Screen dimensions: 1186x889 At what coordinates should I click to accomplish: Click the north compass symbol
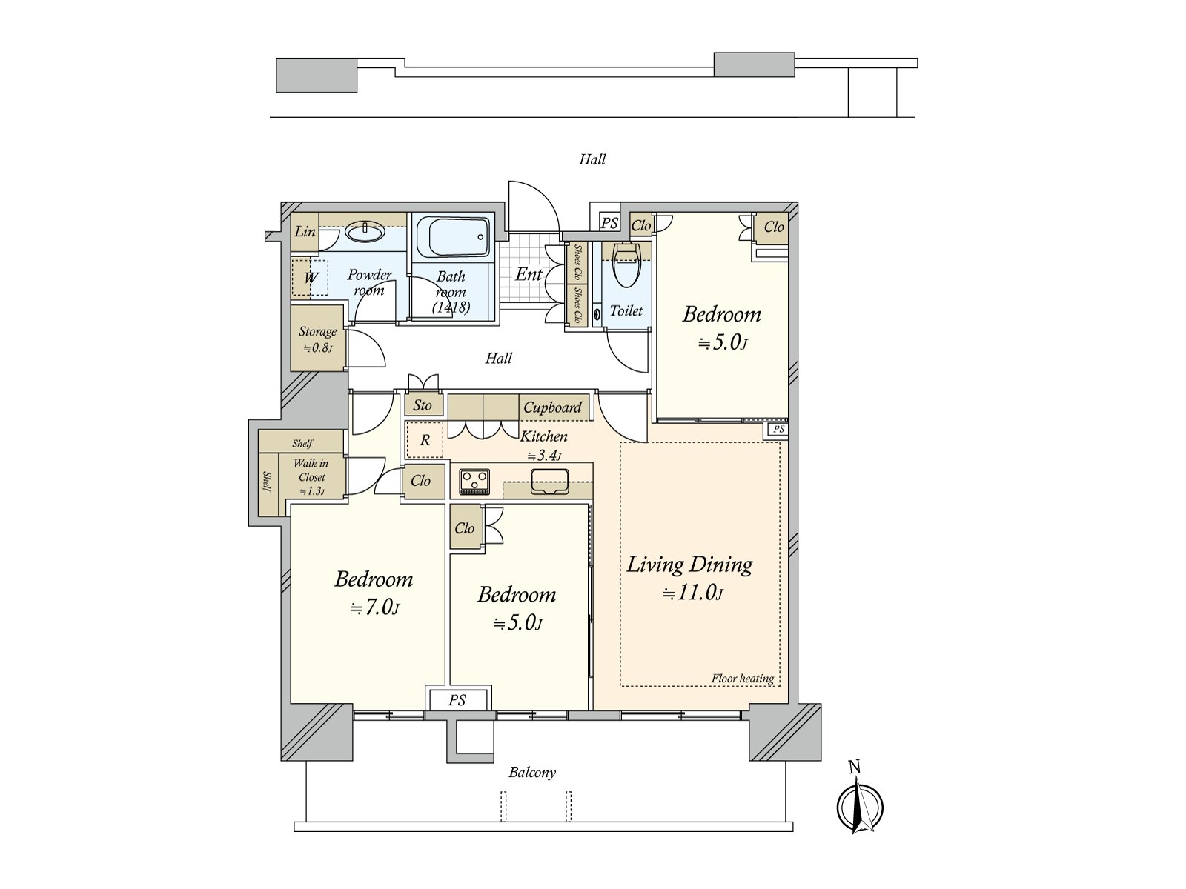pos(859,806)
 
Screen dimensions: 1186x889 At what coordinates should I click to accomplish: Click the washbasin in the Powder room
pos(365,232)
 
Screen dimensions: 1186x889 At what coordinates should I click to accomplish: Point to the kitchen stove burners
pos(474,482)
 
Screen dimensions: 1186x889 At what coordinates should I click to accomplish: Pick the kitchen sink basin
pos(550,481)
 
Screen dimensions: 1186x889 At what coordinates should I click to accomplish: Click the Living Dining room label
pos(689,565)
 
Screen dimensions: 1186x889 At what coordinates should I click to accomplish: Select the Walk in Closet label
pos(311,470)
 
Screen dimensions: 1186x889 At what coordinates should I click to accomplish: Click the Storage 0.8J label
pos(317,339)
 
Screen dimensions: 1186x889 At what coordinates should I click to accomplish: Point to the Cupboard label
pos(552,407)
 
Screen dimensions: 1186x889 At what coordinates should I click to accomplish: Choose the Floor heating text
pos(743,679)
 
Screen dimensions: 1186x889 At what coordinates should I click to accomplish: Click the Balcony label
pos(532,773)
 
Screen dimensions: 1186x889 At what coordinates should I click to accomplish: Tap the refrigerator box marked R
pos(425,440)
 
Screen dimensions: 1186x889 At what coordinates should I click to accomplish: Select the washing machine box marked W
pos(310,277)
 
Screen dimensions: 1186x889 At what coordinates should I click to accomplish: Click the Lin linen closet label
pos(305,232)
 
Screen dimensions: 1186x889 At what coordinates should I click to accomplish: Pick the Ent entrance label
pos(529,274)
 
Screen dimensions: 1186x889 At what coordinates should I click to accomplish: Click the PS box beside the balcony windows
pos(458,699)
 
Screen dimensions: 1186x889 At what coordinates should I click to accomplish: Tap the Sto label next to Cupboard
pos(423,405)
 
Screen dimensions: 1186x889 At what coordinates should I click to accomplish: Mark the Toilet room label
pos(626,310)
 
